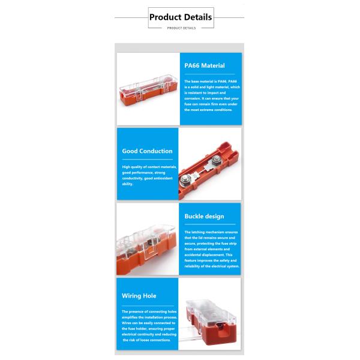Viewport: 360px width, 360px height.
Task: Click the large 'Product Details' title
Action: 180,17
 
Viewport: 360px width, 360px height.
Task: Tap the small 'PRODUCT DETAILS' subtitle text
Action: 180,28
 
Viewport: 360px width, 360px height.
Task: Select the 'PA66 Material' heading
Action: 204,65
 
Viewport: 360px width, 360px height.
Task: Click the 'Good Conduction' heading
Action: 147,151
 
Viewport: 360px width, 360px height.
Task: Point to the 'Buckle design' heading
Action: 204,216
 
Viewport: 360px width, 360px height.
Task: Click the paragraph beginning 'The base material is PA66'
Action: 211,95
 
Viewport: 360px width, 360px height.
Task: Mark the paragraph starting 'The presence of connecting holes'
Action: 147,326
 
